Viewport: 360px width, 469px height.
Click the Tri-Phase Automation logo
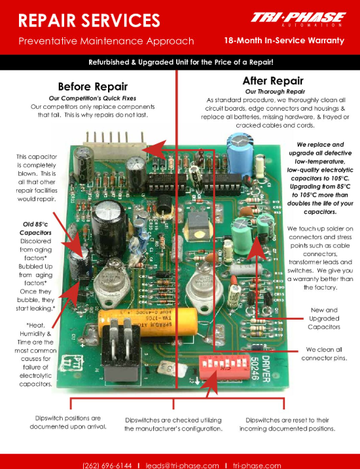298,19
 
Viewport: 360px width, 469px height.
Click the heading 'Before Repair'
93,86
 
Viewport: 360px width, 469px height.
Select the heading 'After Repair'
273,81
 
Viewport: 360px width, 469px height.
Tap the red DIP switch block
225,367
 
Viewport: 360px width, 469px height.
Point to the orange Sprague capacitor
148,322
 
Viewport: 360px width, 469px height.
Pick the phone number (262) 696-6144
107,466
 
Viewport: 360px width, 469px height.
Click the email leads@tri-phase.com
182,466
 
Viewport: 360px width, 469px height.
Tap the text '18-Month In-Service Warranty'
284,41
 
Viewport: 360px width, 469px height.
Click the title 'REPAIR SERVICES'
89,20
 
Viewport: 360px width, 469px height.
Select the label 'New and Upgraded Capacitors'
324,318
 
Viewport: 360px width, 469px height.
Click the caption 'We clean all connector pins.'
324,354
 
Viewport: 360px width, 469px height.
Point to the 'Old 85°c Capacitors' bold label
35,228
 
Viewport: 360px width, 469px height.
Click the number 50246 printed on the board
254,369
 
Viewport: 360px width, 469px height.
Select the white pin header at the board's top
115,145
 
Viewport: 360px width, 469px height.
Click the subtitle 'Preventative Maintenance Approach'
106,41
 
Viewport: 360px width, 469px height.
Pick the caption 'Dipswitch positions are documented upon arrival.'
68,422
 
